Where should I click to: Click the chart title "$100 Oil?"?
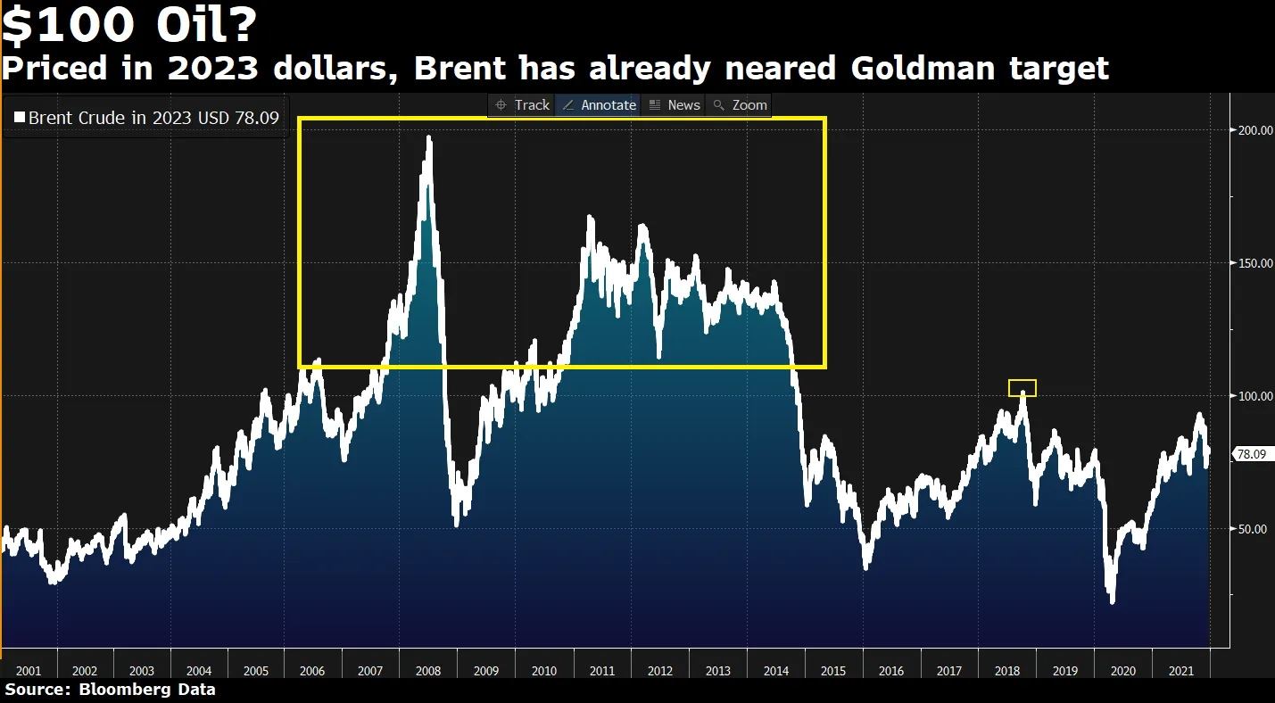pos(129,27)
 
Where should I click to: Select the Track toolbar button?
pos(523,105)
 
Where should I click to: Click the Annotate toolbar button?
pos(599,105)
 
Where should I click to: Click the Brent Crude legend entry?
pos(146,118)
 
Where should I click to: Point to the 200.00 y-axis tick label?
pos(1254,130)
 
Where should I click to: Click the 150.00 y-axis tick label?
pos(1254,263)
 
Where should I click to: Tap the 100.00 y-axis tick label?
pos(1254,396)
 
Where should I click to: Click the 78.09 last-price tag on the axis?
pos(1251,454)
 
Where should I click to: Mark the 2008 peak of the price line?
pos(429,138)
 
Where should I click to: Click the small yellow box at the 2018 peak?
pos(1022,388)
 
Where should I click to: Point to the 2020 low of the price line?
pos(1112,600)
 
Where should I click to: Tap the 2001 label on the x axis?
pos(28,671)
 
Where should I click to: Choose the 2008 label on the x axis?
pos(427,671)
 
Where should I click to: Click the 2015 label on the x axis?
pos(833,671)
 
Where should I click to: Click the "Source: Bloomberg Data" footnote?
pos(110,690)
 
